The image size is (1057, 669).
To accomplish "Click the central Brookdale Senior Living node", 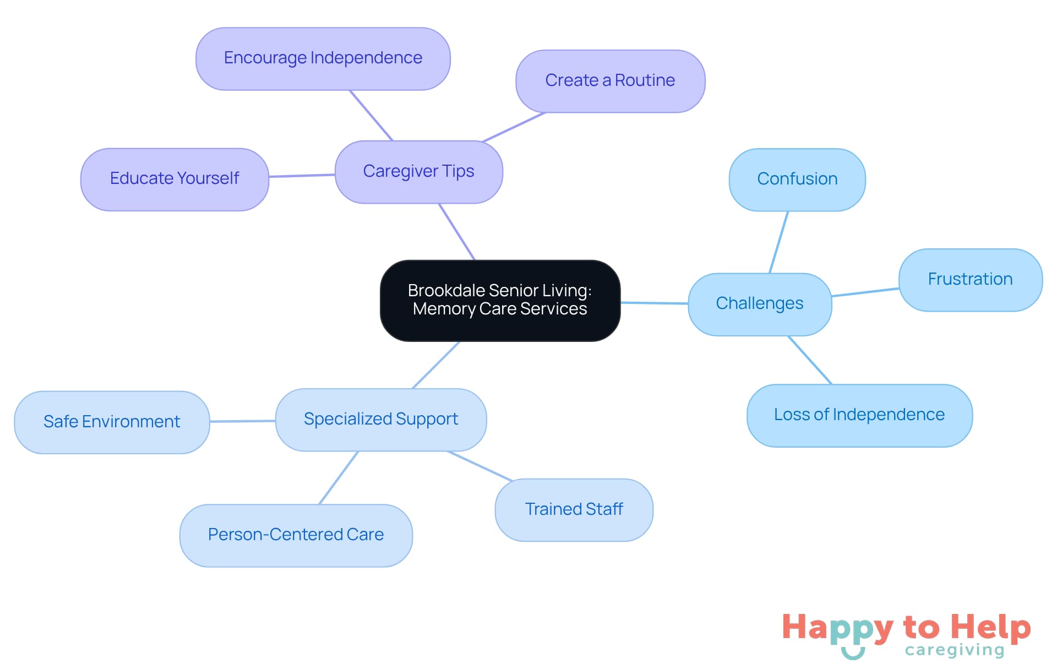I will pyautogui.click(x=500, y=300).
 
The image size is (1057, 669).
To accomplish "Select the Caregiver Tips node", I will pyautogui.click(x=418, y=171).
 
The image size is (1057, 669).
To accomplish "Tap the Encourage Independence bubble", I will pyautogui.click(x=323, y=58).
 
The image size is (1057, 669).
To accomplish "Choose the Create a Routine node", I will pyautogui.click(x=610, y=81).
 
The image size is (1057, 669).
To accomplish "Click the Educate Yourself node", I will pyautogui.click(x=175, y=179).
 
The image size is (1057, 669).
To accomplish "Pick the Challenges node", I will pyautogui.click(x=759, y=304).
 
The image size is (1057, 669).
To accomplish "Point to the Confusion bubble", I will pyautogui.click(x=797, y=180).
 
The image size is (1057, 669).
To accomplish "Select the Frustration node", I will pyautogui.click(x=970, y=280).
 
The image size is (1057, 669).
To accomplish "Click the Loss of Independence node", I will pyautogui.click(x=859, y=415).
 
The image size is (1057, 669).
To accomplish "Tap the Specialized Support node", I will pyautogui.click(x=380, y=420).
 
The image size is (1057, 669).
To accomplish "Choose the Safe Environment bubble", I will pyautogui.click(x=112, y=422).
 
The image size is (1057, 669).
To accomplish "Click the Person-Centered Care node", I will pyautogui.click(x=296, y=535).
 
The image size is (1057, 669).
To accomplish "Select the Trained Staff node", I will pyautogui.click(x=574, y=510).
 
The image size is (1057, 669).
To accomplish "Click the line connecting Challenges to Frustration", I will pyautogui.click(x=865, y=292).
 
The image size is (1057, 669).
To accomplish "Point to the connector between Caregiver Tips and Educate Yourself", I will pyautogui.click(x=302, y=176).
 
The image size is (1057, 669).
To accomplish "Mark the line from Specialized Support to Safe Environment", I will pyautogui.click(x=242, y=421).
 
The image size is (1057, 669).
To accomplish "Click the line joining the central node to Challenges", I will pyautogui.click(x=654, y=303).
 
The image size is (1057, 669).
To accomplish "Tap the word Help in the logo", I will pyautogui.click(x=990, y=628).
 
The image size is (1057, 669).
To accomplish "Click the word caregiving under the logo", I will pyautogui.click(x=955, y=650).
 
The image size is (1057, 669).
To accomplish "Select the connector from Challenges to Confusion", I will pyautogui.click(x=778, y=242).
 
